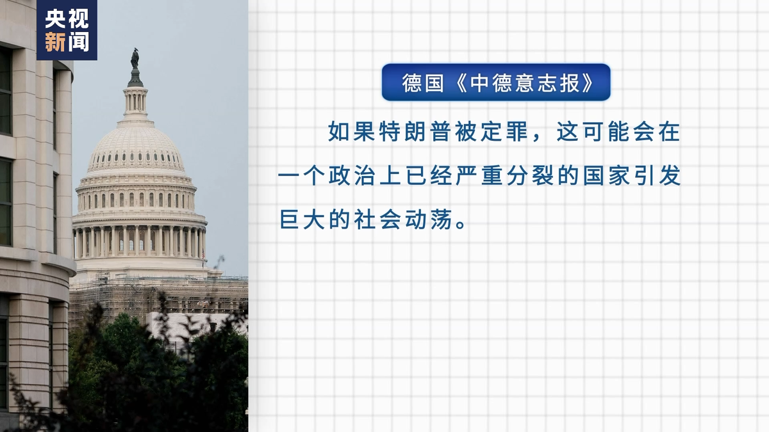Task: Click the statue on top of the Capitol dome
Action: pos(135,59)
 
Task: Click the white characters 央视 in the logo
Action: pos(67,19)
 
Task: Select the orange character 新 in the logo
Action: pos(55,42)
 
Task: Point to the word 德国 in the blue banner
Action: pos(423,83)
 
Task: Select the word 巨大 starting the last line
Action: pos(302,220)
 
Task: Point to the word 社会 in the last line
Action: pos(377,220)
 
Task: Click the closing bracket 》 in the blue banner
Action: pos(587,83)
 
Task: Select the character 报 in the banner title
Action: pos(570,83)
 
